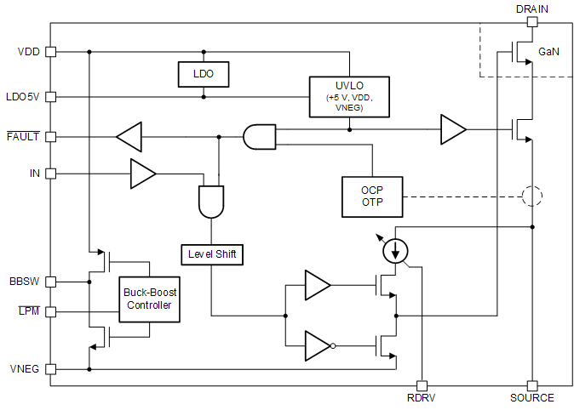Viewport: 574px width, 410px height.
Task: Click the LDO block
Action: coord(203,74)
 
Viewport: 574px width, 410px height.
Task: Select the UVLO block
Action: coord(349,96)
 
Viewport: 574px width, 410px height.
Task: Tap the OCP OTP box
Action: coord(371,196)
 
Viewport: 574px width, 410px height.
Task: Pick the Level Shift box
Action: coord(212,253)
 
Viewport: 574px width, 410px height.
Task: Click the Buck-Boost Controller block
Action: coord(150,299)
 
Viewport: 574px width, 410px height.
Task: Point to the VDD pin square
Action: coord(50,52)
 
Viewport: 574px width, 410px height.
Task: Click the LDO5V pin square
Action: coord(50,97)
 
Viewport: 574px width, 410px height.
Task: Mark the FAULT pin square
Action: coord(50,136)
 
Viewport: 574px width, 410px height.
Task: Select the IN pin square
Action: coord(50,174)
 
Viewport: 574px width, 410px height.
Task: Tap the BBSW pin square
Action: coord(50,281)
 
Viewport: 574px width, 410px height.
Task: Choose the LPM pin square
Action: coord(50,311)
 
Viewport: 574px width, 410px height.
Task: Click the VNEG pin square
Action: coord(50,369)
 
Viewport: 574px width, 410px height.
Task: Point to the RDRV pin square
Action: coord(421,385)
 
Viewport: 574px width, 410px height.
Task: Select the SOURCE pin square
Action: coord(531,385)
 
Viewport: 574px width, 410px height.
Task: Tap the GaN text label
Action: coord(548,52)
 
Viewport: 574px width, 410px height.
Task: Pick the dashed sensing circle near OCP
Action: coord(531,196)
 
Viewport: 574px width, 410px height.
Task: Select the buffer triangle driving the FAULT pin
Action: coord(129,136)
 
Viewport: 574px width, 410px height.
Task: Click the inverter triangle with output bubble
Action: coord(319,345)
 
